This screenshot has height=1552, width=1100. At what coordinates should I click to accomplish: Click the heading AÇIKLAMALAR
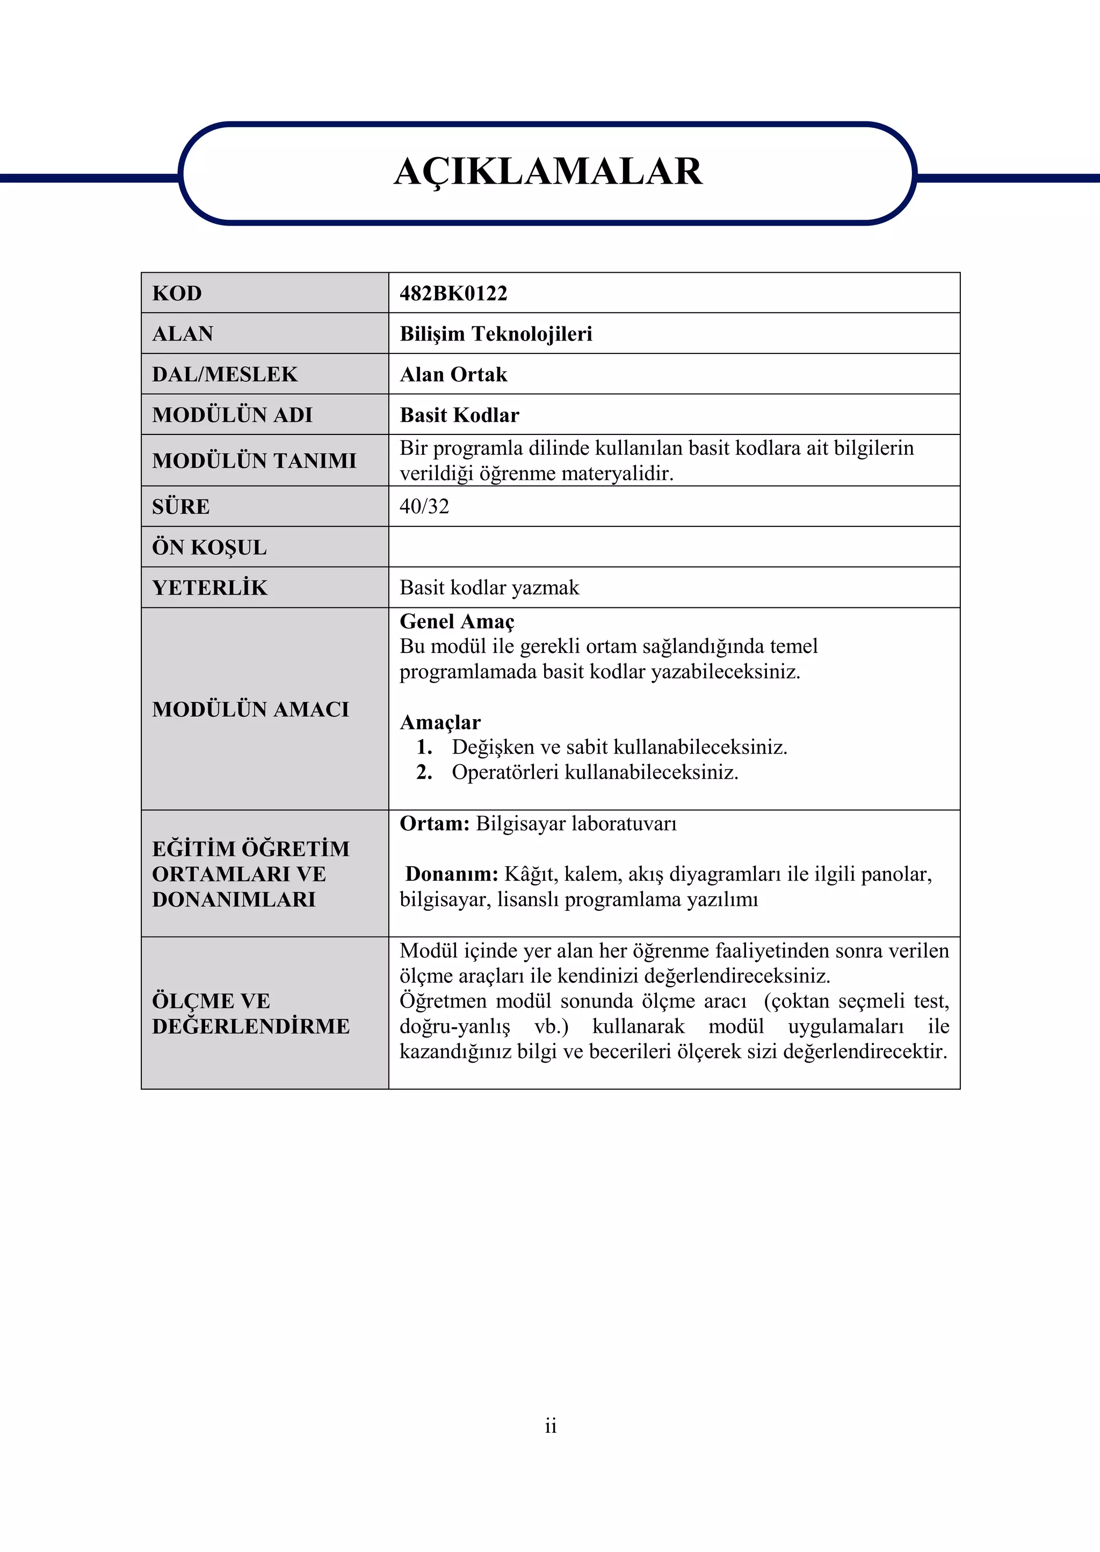548,171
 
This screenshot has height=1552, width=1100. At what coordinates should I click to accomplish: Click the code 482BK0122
453,293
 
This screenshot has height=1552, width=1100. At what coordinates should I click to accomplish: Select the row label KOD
177,293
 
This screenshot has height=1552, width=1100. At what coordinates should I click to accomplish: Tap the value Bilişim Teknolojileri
496,334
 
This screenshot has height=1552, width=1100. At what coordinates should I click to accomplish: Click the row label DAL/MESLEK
225,374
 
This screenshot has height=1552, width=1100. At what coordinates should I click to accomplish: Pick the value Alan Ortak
453,374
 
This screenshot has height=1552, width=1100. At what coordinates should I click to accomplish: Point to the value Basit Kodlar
459,415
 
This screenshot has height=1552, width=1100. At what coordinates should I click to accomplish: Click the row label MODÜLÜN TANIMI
254,460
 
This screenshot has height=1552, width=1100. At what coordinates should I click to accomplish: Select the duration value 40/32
424,506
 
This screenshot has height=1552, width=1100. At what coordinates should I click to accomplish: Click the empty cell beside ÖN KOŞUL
674,547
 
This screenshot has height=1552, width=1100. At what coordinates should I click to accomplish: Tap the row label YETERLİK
209,588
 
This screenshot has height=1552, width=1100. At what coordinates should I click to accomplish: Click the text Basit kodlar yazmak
489,588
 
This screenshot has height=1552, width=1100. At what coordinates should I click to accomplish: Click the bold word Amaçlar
440,722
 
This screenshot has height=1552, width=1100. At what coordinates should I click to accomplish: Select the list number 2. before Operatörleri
424,773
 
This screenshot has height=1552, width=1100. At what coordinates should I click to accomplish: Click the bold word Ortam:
434,824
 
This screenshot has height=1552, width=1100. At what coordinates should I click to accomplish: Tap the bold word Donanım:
452,874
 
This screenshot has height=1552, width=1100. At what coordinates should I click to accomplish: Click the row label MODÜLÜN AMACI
251,709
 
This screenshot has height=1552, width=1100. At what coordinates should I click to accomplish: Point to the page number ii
550,1425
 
